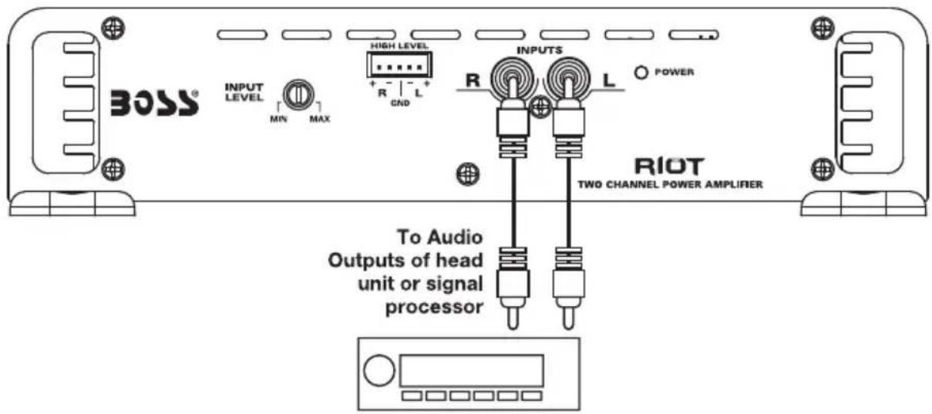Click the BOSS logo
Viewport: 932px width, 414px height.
click(154, 103)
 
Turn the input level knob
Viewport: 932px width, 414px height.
click(298, 95)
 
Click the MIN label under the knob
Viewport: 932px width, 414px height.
click(278, 119)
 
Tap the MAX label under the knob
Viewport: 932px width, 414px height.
click(320, 119)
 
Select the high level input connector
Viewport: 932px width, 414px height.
click(399, 65)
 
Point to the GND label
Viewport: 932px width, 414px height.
click(400, 103)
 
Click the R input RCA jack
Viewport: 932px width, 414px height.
click(512, 78)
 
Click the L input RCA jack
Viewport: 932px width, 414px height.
click(568, 78)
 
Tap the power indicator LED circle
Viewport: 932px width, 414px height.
click(641, 72)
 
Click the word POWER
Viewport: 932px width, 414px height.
click(674, 72)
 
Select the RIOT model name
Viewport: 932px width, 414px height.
click(669, 167)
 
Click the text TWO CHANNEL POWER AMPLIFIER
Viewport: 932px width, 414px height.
click(670, 184)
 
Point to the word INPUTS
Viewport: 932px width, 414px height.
click(539, 50)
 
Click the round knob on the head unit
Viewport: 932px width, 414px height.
click(379, 370)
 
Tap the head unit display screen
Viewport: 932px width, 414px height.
click(472, 371)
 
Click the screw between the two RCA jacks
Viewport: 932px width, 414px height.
click(540, 106)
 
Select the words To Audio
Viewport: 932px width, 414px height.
click(439, 237)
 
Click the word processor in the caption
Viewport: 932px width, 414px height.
click(434, 308)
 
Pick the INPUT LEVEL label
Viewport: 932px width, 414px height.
click(244, 93)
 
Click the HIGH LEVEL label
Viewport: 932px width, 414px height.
click(399, 45)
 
